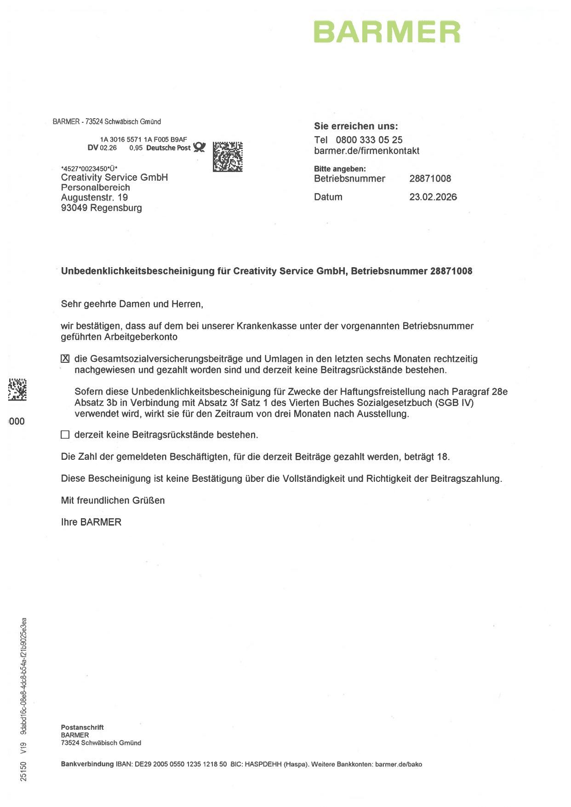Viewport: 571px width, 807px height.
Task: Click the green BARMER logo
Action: click(387, 32)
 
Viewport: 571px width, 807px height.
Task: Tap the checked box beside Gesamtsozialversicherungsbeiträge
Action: click(65, 359)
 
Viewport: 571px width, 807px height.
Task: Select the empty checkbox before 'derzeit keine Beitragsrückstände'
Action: click(65, 435)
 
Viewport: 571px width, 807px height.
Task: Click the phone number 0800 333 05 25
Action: click(369, 140)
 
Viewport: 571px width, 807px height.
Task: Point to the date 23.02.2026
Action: click(433, 197)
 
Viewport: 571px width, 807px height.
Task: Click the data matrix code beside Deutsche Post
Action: click(228, 157)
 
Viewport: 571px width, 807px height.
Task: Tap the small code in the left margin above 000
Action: click(17, 389)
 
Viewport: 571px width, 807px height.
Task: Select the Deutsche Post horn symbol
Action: click(199, 147)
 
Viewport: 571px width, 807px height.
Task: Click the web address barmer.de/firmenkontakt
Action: click(366, 151)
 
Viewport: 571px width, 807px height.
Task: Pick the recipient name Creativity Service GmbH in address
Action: click(114, 177)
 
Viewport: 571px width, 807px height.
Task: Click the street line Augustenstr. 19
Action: click(94, 197)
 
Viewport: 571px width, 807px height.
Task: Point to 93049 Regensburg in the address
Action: click(101, 208)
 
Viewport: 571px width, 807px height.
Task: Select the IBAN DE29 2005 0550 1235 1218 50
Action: click(181, 764)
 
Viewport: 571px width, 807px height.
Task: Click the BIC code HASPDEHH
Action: click(263, 764)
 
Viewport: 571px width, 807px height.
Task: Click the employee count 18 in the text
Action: click(442, 457)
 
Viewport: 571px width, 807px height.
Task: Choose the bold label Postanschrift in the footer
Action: click(82, 727)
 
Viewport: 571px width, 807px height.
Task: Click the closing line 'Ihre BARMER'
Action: click(91, 522)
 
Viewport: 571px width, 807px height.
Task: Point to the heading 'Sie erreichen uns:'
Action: click(356, 126)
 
